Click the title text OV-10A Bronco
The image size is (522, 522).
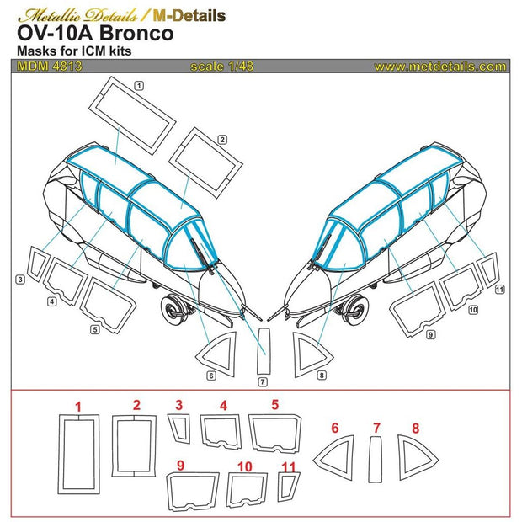coord(95,35)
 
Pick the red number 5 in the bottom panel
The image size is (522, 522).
coord(275,405)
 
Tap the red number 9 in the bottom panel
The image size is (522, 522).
coord(180,465)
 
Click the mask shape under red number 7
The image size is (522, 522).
coord(376,455)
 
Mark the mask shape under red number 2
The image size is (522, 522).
coord(134,444)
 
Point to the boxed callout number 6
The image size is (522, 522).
coord(211,375)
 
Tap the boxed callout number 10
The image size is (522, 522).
coord(472,310)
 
